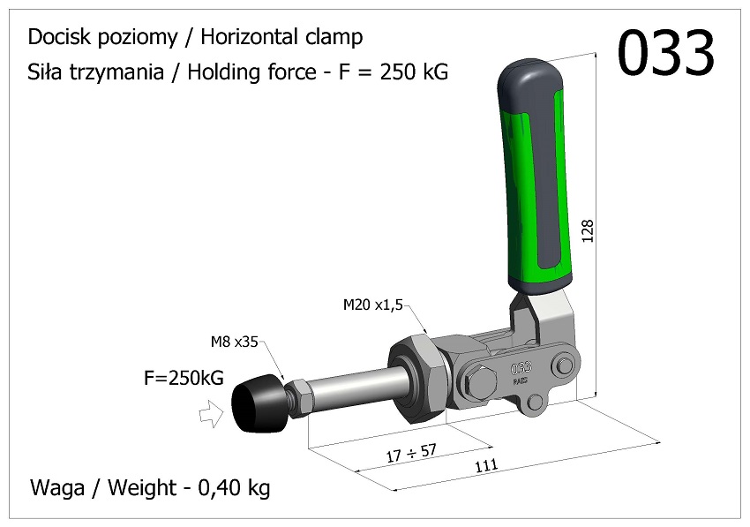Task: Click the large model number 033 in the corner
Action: (x=665, y=54)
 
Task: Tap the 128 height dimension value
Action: (x=589, y=230)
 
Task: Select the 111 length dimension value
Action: (x=486, y=466)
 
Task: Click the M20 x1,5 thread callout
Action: (x=372, y=305)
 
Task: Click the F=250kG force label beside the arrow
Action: (x=184, y=379)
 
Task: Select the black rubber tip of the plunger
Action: (x=257, y=404)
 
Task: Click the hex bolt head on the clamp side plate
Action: (x=478, y=383)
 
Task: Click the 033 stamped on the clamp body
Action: (x=521, y=365)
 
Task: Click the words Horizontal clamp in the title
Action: (x=281, y=37)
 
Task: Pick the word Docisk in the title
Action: (x=56, y=37)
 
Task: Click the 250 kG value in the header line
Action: (x=414, y=72)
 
